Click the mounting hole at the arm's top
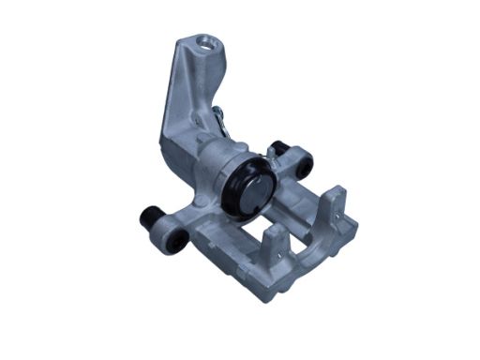point(203,41)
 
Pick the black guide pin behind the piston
point(277,147)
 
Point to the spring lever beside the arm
point(220,118)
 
